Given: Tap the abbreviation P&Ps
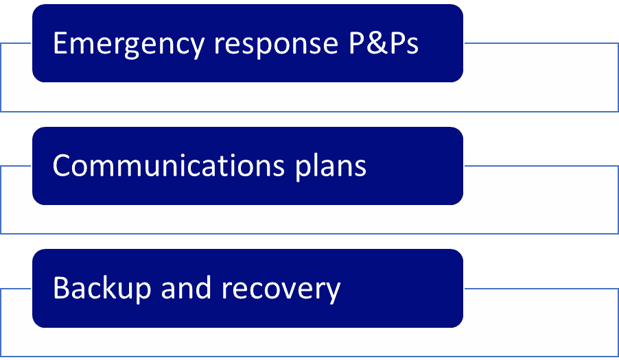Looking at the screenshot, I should [380, 43].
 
